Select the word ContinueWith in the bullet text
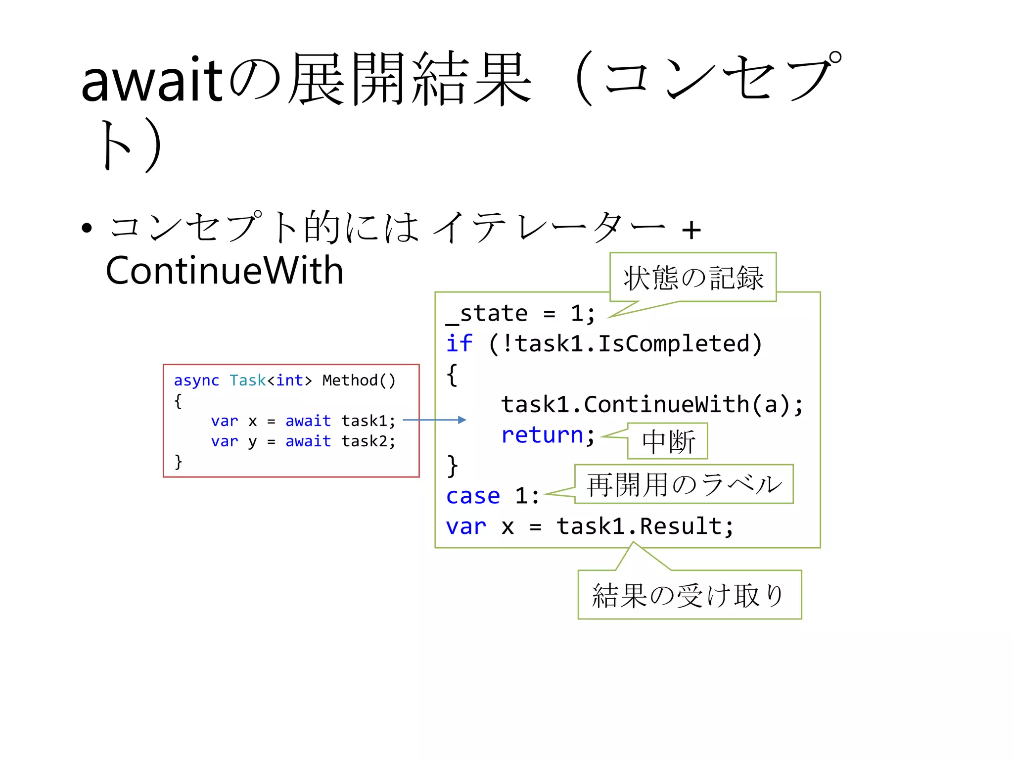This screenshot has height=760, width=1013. (225, 271)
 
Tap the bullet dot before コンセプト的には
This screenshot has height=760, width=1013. (87, 228)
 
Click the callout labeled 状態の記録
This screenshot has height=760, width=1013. (693, 277)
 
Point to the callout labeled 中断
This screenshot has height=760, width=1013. (668, 441)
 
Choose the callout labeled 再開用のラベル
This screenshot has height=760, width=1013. (684, 484)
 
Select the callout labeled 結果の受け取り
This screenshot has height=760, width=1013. (689, 595)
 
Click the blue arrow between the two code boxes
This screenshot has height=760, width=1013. (434, 420)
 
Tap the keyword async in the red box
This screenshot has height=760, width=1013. (196, 380)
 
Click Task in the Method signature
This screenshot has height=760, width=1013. (247, 380)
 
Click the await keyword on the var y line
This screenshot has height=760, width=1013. (308, 441)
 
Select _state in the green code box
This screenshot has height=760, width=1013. (487, 314)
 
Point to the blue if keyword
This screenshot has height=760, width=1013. (460, 343)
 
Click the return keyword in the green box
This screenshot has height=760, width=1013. (542, 435)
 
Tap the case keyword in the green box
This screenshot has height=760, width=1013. (473, 496)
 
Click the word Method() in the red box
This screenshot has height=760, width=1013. (359, 380)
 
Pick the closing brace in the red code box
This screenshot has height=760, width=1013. (178, 462)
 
